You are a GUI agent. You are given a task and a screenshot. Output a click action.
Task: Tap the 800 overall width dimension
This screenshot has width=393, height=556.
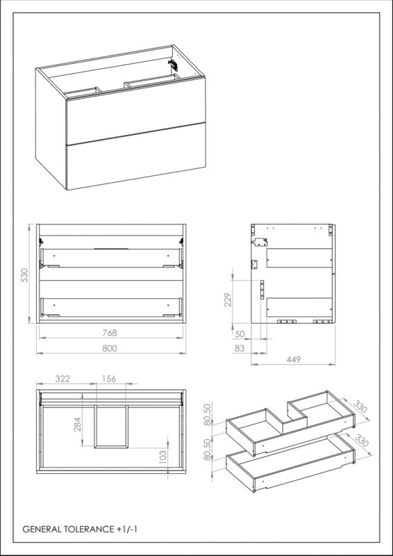pyautogui.click(x=110, y=349)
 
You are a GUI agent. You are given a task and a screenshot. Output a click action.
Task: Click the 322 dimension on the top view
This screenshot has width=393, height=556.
pyautogui.click(x=64, y=379)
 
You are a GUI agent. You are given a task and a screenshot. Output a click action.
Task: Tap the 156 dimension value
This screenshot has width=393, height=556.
pyautogui.click(x=109, y=379)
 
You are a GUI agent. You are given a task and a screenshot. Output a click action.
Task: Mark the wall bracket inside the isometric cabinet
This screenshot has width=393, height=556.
pyautogui.click(x=173, y=64)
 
